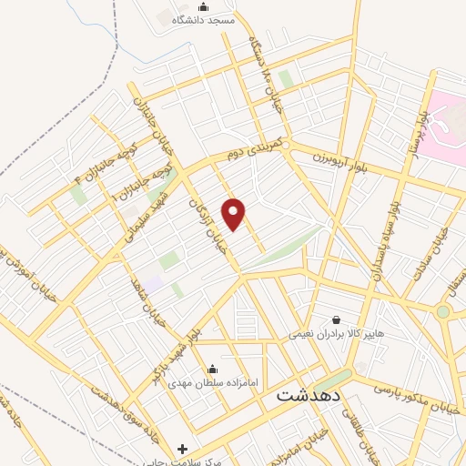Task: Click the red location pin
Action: point(234,214)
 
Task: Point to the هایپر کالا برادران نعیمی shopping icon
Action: point(338,320)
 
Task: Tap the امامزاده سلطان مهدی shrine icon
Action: point(212,370)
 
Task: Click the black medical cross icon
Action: point(183,449)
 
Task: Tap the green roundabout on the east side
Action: point(442,311)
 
